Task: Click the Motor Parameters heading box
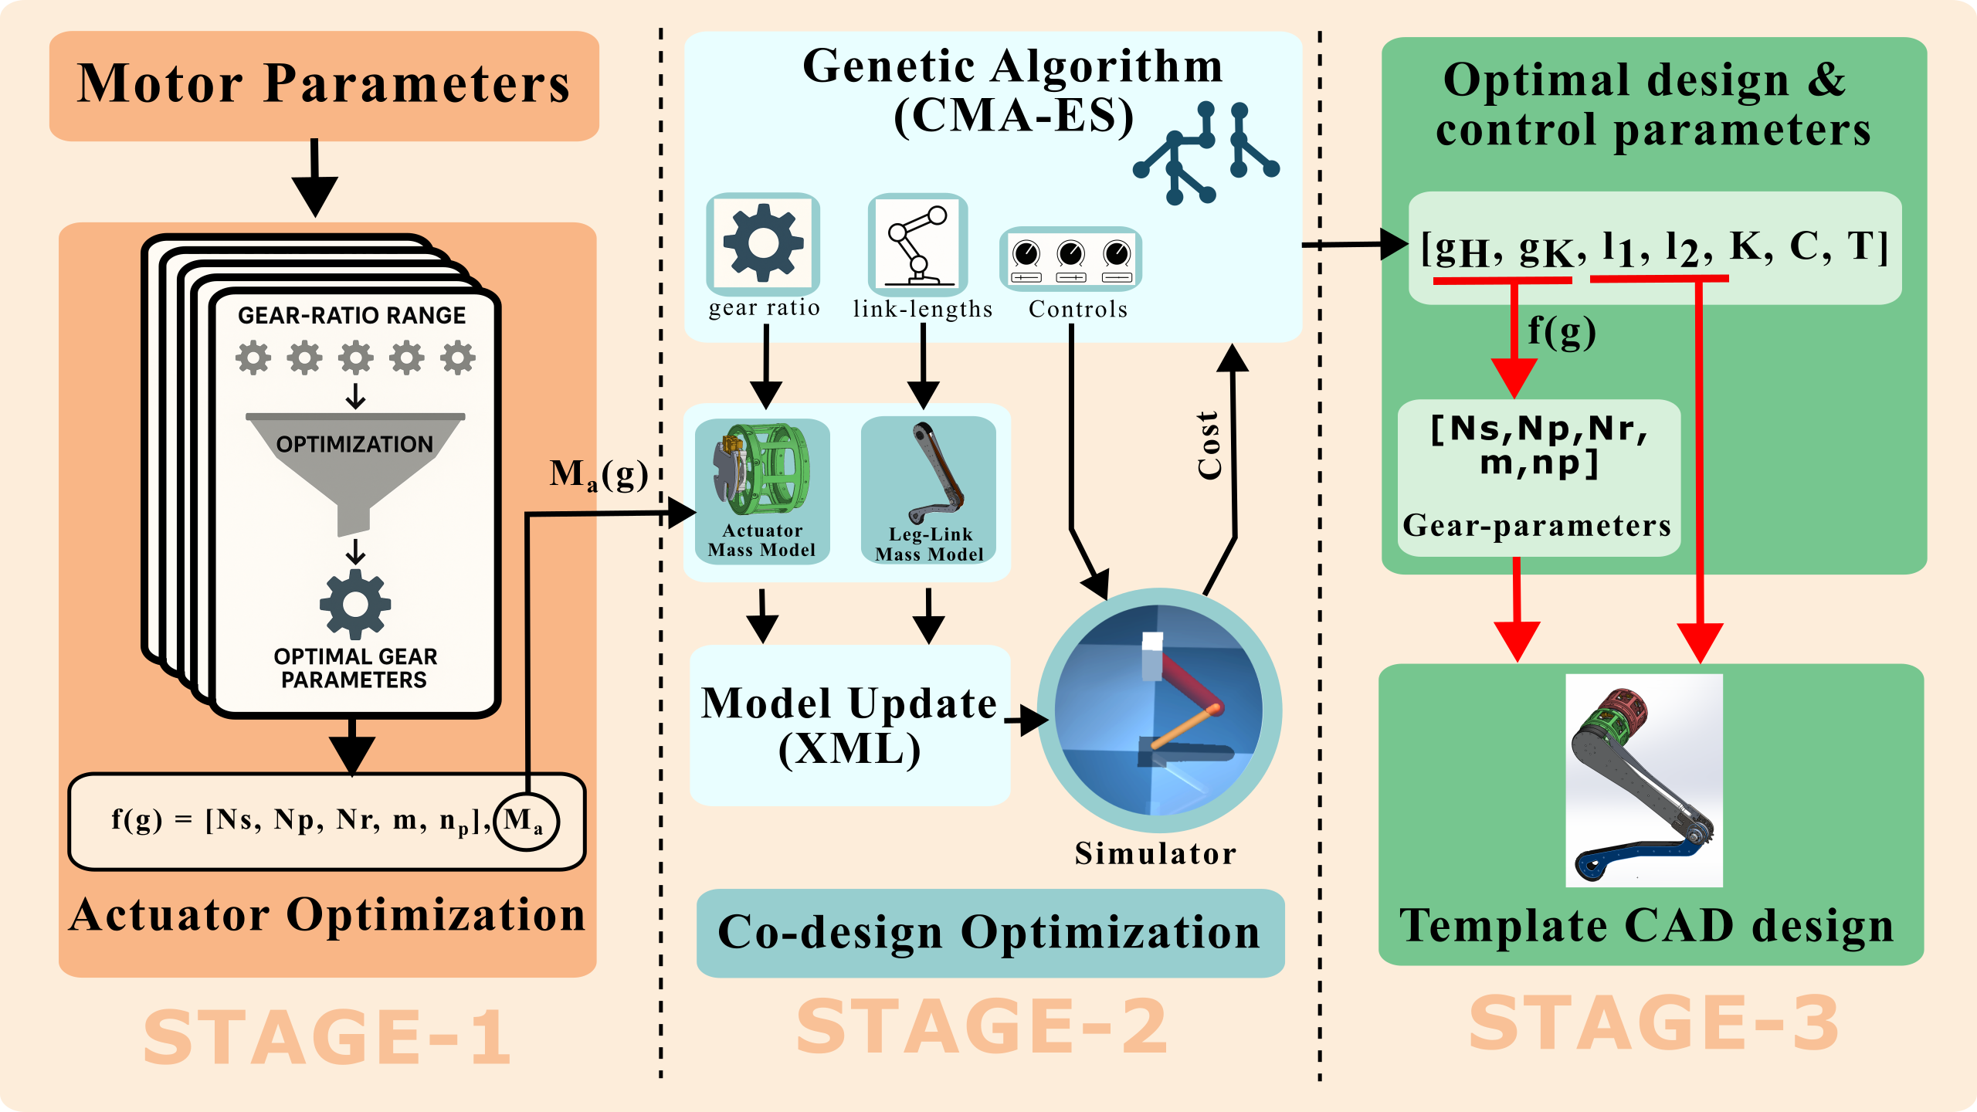tap(324, 85)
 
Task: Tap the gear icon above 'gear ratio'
tap(763, 244)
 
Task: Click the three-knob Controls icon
tap(1070, 259)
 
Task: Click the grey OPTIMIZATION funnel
tap(355, 463)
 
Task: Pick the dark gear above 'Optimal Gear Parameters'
tap(355, 605)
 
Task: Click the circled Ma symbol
tap(526, 820)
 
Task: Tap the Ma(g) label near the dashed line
tap(599, 474)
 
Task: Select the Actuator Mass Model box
tap(762, 491)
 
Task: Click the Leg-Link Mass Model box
tap(928, 491)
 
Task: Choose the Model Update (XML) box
tap(849, 726)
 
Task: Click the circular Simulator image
tap(1158, 710)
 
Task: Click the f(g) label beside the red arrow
tap(1562, 332)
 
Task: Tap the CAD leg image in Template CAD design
tap(1643, 780)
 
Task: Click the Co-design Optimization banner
tap(990, 933)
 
